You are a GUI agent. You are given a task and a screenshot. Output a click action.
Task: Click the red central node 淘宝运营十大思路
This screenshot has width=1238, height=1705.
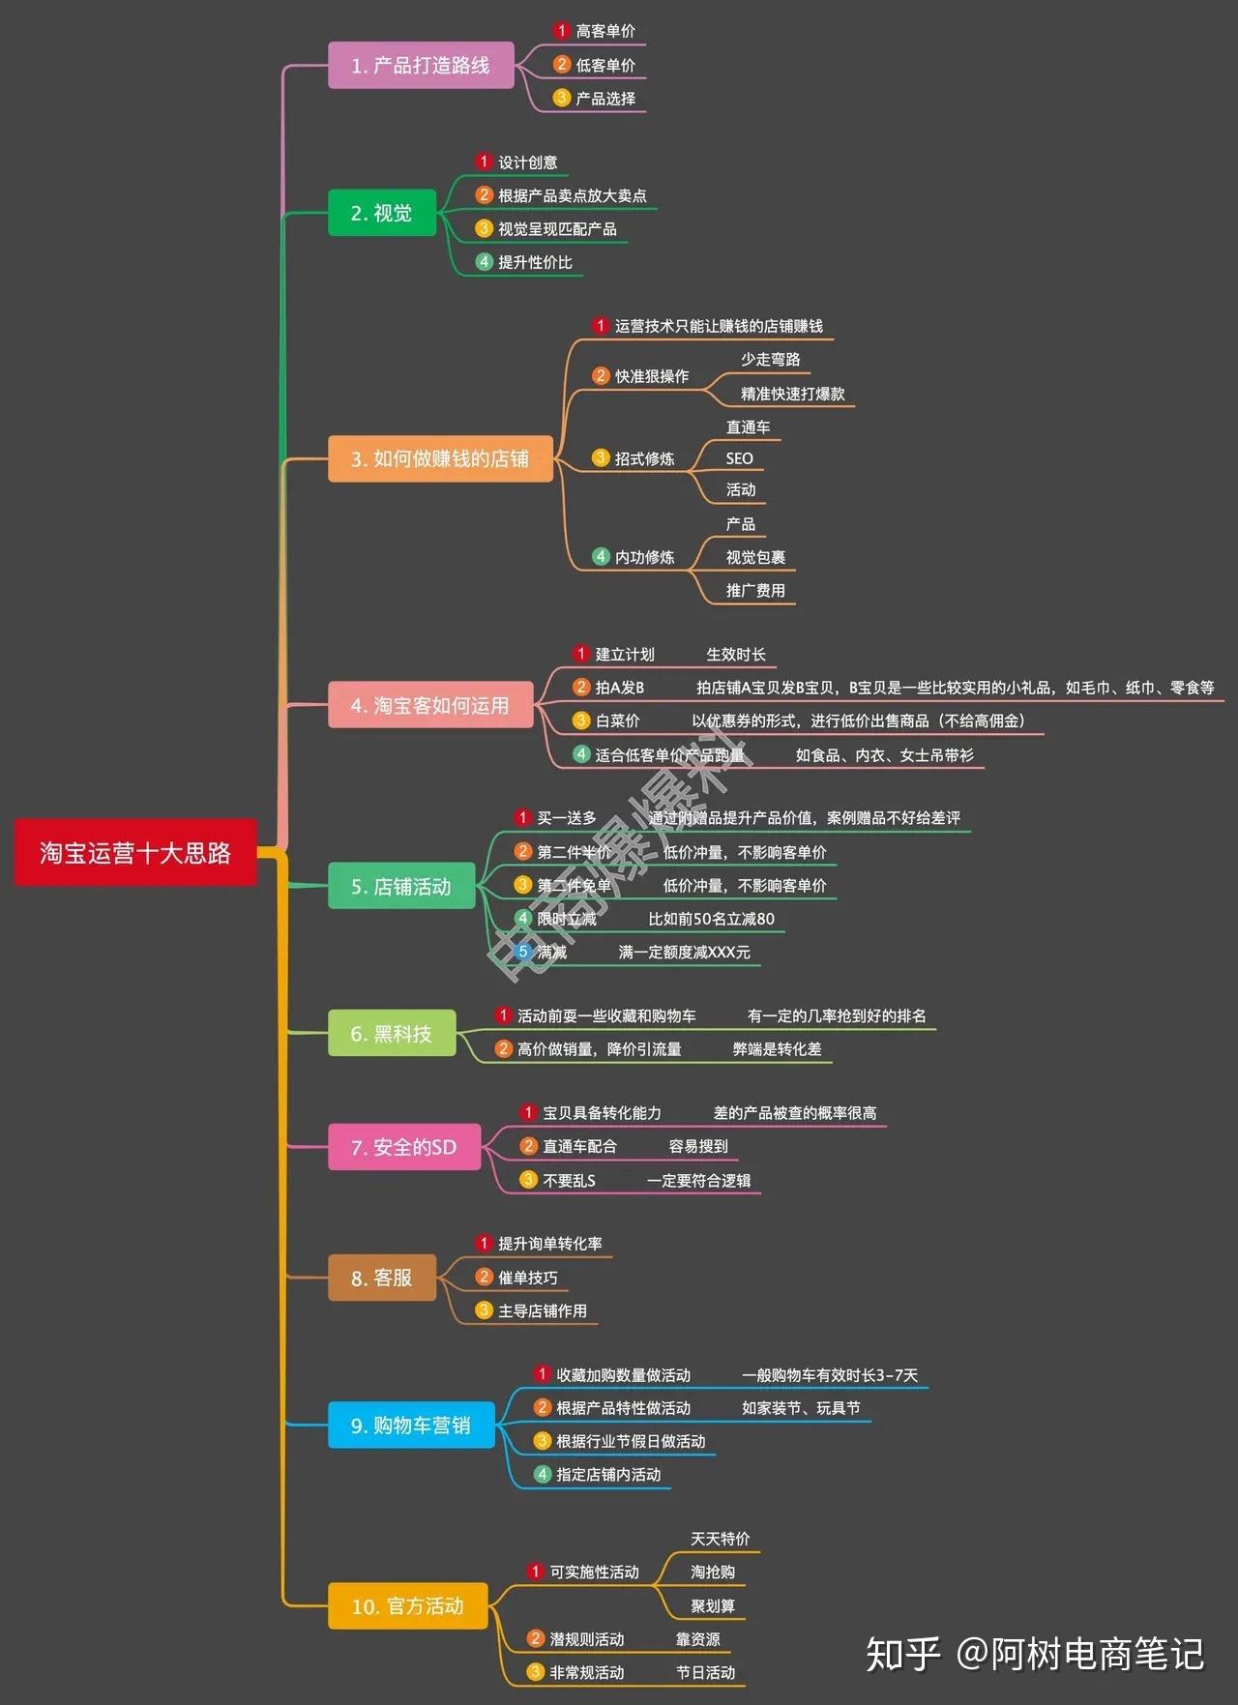point(135,853)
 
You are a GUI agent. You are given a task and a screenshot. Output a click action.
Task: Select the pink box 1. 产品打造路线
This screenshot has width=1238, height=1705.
point(421,66)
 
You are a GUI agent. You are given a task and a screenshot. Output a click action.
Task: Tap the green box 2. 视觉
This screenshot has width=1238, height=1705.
point(382,213)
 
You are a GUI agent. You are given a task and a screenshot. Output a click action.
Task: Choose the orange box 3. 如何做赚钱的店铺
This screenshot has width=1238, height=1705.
point(440,458)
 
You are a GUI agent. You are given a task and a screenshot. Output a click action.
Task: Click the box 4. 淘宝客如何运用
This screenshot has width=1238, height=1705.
point(430,705)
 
